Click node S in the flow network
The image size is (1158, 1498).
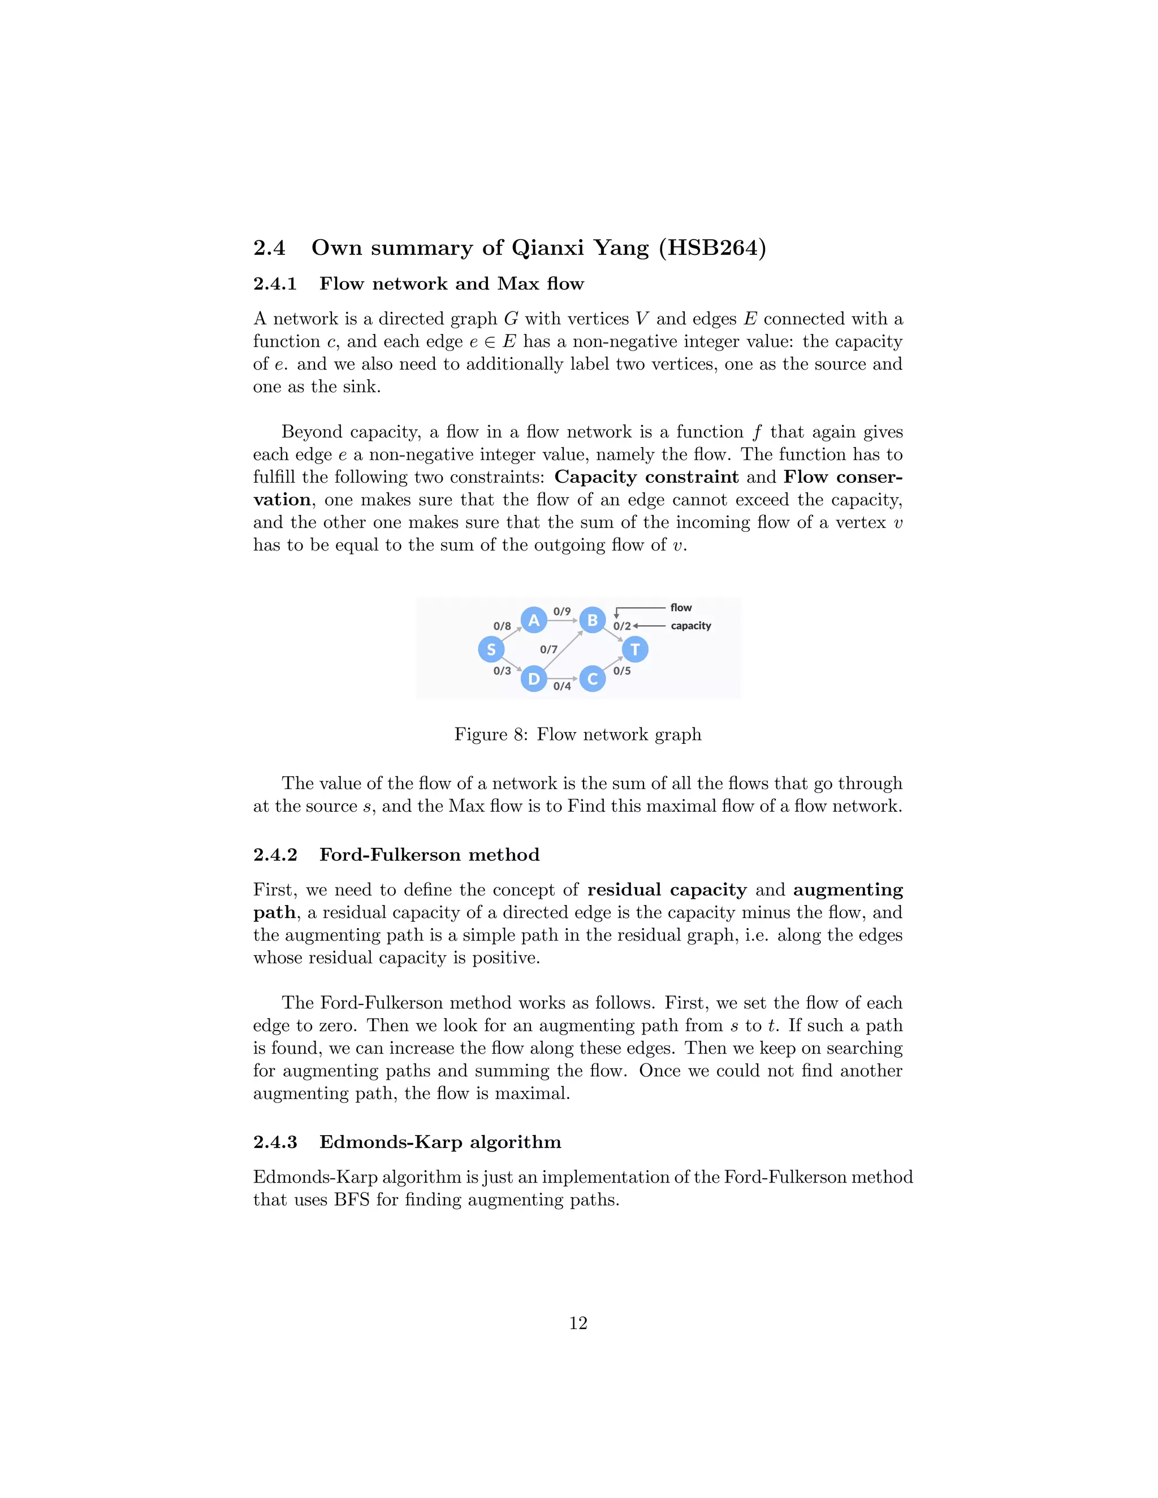coord(491,650)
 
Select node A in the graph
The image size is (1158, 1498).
coord(534,620)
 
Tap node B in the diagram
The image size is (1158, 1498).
coord(593,620)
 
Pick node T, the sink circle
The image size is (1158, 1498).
coord(635,650)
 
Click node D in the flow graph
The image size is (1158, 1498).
coord(534,679)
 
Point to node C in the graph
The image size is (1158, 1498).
coord(593,679)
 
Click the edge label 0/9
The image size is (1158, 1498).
coord(562,611)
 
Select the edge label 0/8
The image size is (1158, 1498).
coord(502,626)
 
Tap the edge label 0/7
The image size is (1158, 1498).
coord(549,650)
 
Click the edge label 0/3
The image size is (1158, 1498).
coord(502,671)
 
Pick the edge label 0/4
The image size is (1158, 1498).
coord(562,686)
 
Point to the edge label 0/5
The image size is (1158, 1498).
coord(622,671)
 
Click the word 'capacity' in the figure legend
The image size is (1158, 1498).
coord(691,626)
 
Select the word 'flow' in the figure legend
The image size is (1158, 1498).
coord(681,608)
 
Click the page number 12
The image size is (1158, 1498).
coord(578,1323)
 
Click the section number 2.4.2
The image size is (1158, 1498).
coord(275,855)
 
